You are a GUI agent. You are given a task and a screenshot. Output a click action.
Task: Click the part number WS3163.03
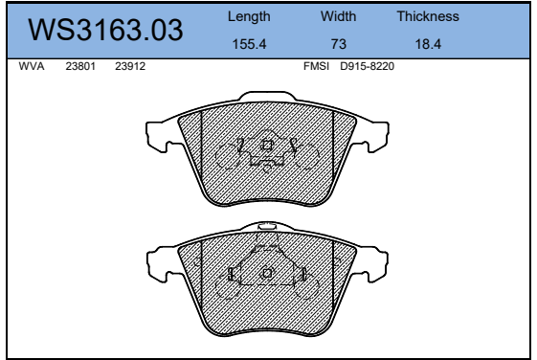[105, 30]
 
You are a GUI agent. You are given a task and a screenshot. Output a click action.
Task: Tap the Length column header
[249, 17]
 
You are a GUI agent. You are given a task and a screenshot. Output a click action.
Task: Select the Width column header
[338, 16]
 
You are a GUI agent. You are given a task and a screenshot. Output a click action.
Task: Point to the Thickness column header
[428, 16]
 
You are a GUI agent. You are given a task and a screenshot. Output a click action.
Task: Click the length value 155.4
[249, 44]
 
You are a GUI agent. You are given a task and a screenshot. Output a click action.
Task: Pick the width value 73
[338, 44]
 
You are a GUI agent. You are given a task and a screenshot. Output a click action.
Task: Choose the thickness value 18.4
[428, 44]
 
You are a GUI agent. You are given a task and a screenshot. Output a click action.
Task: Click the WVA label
[32, 66]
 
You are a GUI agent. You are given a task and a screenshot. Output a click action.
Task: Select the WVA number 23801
[80, 66]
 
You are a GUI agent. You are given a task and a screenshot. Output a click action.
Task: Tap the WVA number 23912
[130, 66]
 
